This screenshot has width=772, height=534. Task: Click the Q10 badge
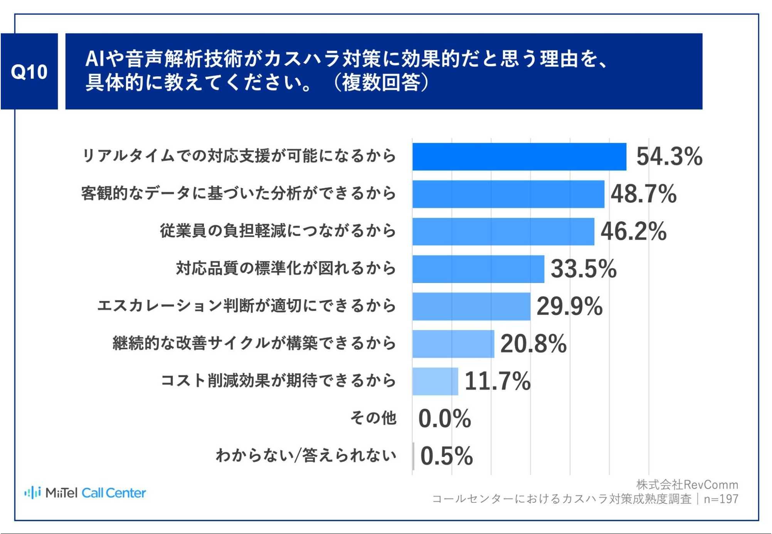tap(29, 72)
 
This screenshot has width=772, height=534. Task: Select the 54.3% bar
tap(519, 157)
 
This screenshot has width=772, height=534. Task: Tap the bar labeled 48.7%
tap(508, 194)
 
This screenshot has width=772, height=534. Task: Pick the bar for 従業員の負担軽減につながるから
tap(503, 231)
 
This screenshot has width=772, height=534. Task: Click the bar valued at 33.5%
tap(478, 269)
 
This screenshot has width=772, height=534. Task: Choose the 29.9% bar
tap(471, 306)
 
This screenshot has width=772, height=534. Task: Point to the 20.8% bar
tap(453, 344)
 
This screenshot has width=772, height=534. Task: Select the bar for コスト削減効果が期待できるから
tap(435, 381)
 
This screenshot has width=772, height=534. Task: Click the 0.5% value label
tap(446, 456)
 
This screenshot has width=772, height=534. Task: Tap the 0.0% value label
tap(444, 419)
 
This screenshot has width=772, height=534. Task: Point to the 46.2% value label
tap(633, 231)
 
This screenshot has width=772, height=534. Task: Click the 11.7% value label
tap(497, 381)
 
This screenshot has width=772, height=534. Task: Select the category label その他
tap(373, 418)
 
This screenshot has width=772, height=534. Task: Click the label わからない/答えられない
tap(306, 455)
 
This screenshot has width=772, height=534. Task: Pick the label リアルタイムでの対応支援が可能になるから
tap(239, 156)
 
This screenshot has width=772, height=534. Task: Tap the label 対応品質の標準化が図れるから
tap(286, 268)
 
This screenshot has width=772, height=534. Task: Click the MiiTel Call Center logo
tap(85, 493)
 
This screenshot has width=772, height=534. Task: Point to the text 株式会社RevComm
tap(687, 485)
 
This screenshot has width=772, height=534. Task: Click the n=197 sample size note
tap(721, 499)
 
